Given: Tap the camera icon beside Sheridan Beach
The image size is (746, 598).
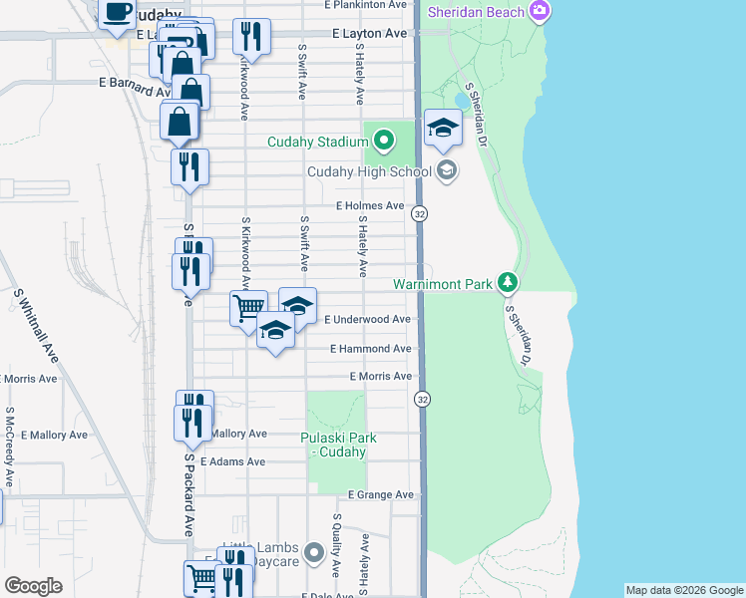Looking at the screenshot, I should (540, 11).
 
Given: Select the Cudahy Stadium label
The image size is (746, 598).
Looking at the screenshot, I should (318, 142).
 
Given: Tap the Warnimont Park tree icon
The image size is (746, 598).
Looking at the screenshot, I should (509, 284).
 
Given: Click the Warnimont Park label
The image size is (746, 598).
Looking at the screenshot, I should (443, 284).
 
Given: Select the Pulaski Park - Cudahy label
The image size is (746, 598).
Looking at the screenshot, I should (334, 445).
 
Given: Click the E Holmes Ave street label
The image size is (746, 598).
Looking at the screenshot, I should (369, 205).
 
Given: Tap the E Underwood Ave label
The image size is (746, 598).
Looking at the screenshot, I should (368, 319).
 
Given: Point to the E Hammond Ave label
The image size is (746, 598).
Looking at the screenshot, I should (371, 349).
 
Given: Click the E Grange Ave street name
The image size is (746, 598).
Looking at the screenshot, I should (380, 494).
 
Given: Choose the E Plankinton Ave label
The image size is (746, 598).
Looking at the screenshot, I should (367, 5).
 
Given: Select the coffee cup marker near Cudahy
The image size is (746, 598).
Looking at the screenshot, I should (118, 12).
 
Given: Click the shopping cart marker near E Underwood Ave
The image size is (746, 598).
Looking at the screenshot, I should (248, 306).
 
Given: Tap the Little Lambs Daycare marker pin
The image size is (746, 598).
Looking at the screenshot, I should (315, 551).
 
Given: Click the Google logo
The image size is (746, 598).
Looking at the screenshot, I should (33, 586).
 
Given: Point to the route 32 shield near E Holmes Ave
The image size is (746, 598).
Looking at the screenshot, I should (421, 214).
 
